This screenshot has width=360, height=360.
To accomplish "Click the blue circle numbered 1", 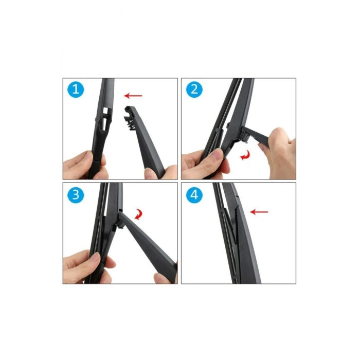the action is [x=76, y=89].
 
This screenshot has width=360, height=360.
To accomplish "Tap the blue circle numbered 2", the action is [x=194, y=89].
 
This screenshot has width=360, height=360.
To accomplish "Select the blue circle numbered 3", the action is [x=76, y=195].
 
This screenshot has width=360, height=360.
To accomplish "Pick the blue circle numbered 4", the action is [x=194, y=195].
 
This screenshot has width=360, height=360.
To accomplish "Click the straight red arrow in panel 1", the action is [x=133, y=96].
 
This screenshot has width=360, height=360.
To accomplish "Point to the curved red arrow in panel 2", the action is [x=245, y=155].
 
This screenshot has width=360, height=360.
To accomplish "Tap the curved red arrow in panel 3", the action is [x=139, y=214].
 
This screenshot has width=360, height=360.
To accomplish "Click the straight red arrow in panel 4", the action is [x=259, y=212].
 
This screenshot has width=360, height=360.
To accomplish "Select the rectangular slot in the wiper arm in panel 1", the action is [x=105, y=111].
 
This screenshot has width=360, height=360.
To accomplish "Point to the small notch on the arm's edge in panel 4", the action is [x=237, y=196].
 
